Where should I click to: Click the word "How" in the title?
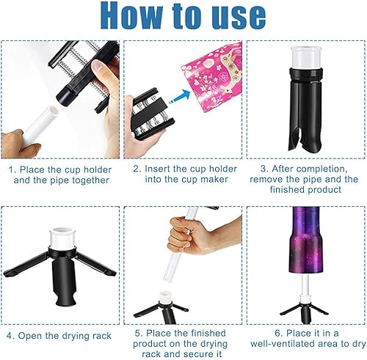(x=131, y=16)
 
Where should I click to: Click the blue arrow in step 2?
(x=180, y=97)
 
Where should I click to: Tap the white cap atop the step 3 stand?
(x=306, y=56)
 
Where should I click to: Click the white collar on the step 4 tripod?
(x=62, y=239)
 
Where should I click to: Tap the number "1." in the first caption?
(x=12, y=169)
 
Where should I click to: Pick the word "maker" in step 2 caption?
(x=214, y=180)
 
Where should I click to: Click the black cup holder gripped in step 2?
(x=150, y=114)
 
